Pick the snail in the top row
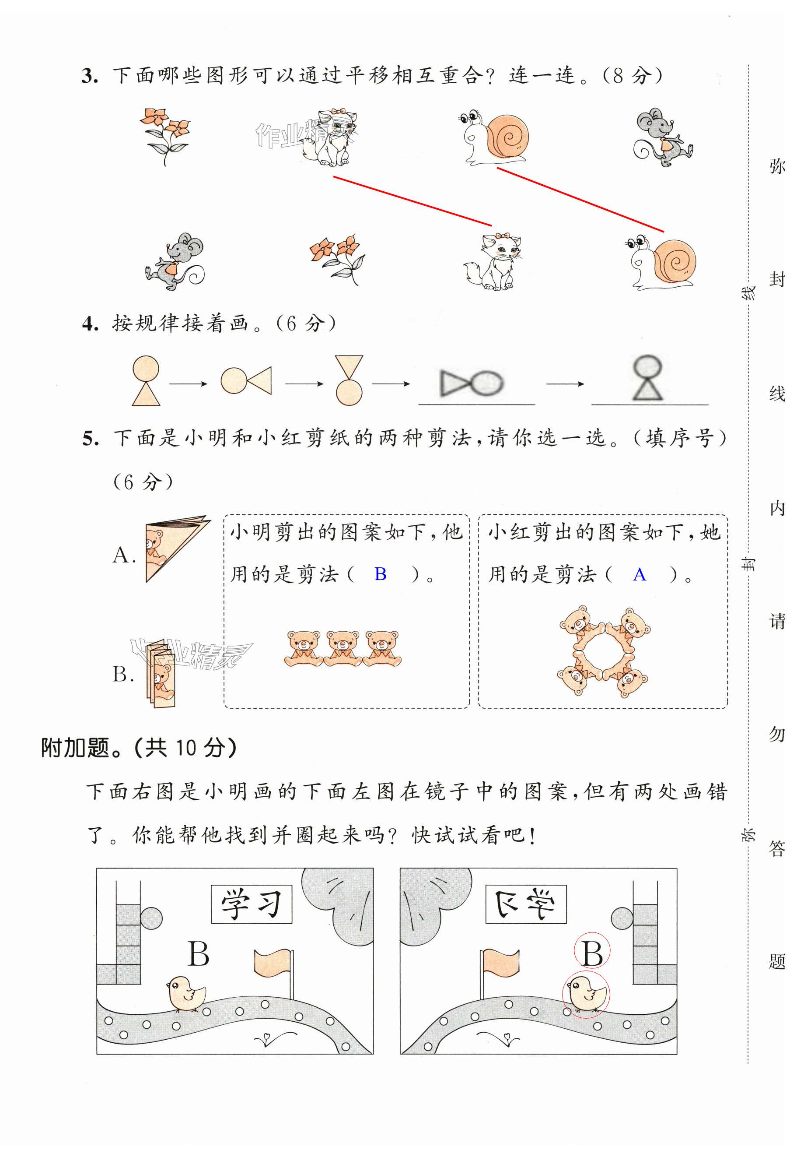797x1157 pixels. [x=494, y=137]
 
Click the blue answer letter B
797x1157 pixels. [x=380, y=574]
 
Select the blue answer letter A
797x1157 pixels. [x=639, y=575]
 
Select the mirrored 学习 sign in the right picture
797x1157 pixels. [x=525, y=904]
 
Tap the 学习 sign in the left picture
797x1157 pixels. [x=251, y=904]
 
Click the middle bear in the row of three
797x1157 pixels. [x=343, y=648]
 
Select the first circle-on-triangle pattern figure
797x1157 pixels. [x=146, y=380]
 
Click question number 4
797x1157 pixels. [x=90, y=324]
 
